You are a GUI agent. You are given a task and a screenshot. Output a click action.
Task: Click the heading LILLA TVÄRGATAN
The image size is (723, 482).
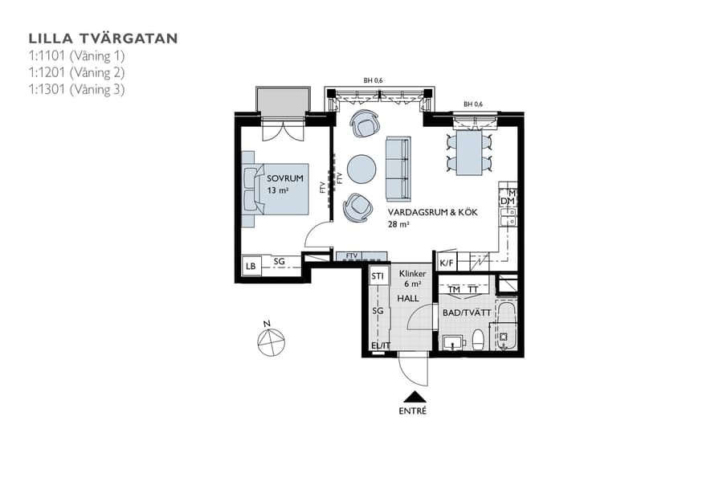103,38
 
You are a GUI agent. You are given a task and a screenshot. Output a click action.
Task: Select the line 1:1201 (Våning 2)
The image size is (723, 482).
76,72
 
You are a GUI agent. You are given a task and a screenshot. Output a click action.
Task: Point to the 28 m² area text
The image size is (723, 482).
399,226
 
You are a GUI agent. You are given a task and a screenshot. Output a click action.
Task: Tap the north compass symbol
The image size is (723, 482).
271,341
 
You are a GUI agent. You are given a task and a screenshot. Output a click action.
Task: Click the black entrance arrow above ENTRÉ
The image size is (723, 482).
413,396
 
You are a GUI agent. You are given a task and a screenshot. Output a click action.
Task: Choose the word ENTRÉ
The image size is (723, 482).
413,411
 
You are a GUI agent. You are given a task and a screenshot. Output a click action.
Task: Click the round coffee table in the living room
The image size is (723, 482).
361,169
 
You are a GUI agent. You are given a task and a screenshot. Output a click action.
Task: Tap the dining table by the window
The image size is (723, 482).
469,153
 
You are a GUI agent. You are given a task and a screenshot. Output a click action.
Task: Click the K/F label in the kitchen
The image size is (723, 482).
447,262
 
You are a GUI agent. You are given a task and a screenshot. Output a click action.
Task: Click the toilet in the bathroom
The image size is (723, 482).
478,341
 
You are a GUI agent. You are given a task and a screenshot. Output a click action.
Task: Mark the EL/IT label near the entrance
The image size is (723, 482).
379,347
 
